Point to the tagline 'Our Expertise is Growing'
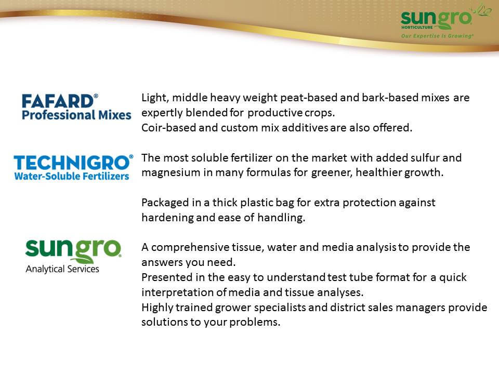coord(437,36)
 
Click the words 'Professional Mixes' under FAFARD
coord(76,115)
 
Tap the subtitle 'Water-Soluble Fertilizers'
coord(72,176)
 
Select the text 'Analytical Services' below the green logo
coord(62,269)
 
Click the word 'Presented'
coord(167,277)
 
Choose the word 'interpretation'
coord(178,292)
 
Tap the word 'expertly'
coord(162,113)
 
